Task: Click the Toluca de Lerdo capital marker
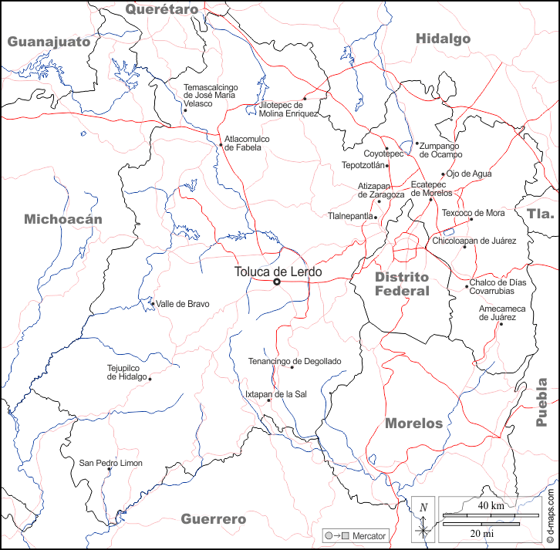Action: point(277,282)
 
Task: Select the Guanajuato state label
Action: point(49,42)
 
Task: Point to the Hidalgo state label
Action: point(443,39)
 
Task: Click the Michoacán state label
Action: point(63,219)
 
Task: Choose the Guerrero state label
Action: point(213,519)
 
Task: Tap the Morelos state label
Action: point(413,423)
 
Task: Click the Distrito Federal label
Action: point(401,284)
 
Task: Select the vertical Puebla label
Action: point(542,402)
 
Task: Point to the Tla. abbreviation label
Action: point(541,214)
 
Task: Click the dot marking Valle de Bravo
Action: point(153,303)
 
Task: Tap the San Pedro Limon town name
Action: point(111,464)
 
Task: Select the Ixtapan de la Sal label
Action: point(275,394)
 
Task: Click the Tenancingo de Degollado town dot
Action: point(292,367)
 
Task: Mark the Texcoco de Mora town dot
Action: point(471,219)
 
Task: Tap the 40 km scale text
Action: point(491,506)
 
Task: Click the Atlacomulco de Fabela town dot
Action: point(221,144)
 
